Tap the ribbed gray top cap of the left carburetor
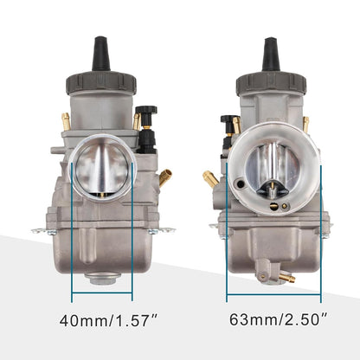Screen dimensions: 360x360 [x=100, y=84]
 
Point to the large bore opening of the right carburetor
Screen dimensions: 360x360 [x=270, y=173]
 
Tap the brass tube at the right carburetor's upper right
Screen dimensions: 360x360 [x=305, y=123]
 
